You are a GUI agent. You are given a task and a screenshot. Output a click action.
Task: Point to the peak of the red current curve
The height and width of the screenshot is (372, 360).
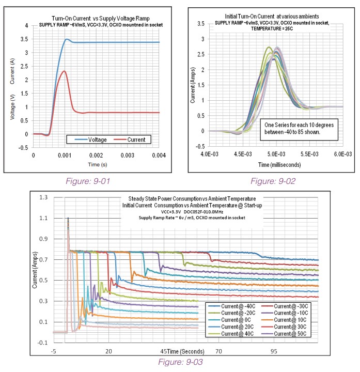click(64, 71)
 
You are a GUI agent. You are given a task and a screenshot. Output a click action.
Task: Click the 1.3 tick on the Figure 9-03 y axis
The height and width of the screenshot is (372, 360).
click(43, 198)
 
